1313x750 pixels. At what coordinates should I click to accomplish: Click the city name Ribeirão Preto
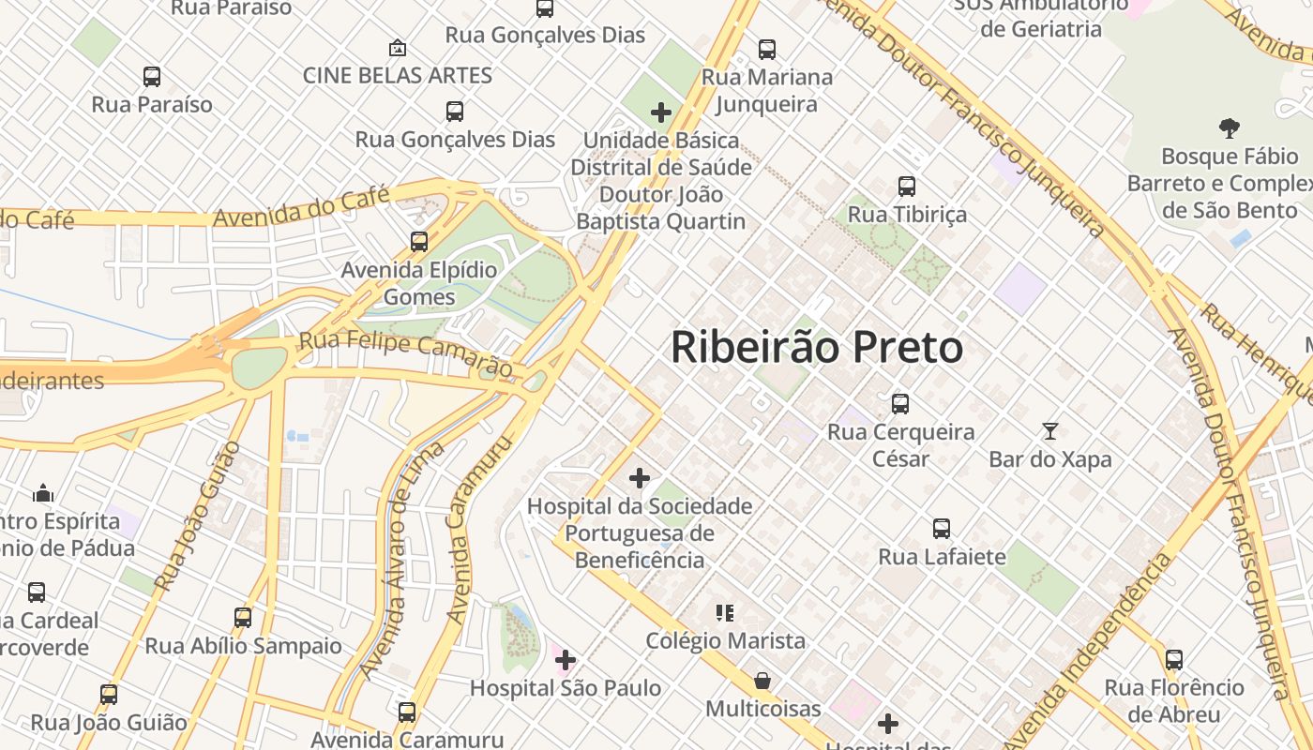click(x=816, y=348)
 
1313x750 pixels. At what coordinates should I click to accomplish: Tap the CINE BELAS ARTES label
click(x=398, y=75)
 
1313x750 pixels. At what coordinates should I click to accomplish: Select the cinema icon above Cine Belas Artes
click(x=397, y=47)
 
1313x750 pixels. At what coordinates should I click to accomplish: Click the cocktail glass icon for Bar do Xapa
click(x=1049, y=431)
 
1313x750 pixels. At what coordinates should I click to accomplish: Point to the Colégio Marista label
click(x=725, y=641)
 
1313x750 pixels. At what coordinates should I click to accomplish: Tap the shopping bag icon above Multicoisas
click(x=762, y=680)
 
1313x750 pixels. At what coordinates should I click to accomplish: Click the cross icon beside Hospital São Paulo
click(x=565, y=660)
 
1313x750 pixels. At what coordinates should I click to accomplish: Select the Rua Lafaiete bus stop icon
click(x=942, y=529)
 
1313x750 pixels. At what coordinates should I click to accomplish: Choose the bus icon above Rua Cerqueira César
click(x=900, y=404)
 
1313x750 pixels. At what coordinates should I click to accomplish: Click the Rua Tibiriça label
click(x=906, y=215)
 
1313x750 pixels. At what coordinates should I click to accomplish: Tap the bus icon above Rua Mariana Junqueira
click(x=767, y=49)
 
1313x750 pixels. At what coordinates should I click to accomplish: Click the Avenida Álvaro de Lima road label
click(x=402, y=560)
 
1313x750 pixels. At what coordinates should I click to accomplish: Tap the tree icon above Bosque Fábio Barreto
click(x=1229, y=127)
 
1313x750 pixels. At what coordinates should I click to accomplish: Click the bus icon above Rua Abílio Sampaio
click(x=243, y=618)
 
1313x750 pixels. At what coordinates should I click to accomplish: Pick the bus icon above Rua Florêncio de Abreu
click(x=1174, y=659)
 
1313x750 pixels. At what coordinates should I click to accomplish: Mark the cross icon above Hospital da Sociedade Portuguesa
click(x=640, y=478)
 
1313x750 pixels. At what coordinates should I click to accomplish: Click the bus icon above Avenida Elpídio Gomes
click(x=419, y=242)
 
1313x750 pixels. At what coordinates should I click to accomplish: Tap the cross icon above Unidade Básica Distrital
click(x=661, y=112)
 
